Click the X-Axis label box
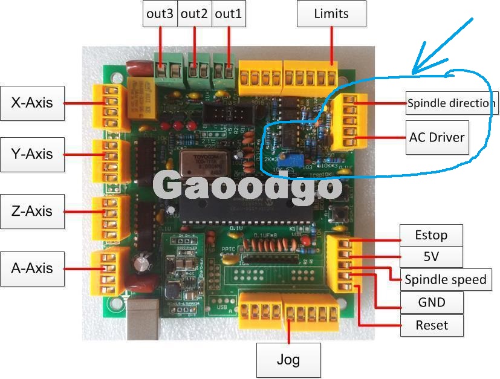[31, 103]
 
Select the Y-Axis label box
[31, 154]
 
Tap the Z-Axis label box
[31, 211]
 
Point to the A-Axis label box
[31, 268]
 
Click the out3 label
[160, 13]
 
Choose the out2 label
[194, 13]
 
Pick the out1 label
[229, 13]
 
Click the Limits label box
[331, 13]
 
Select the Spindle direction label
[450, 103]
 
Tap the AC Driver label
[437, 137]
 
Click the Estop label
[430, 235]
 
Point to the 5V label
[430, 256]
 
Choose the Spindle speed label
[446, 279]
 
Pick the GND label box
[432, 302]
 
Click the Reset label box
[432, 325]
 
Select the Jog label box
[288, 360]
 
